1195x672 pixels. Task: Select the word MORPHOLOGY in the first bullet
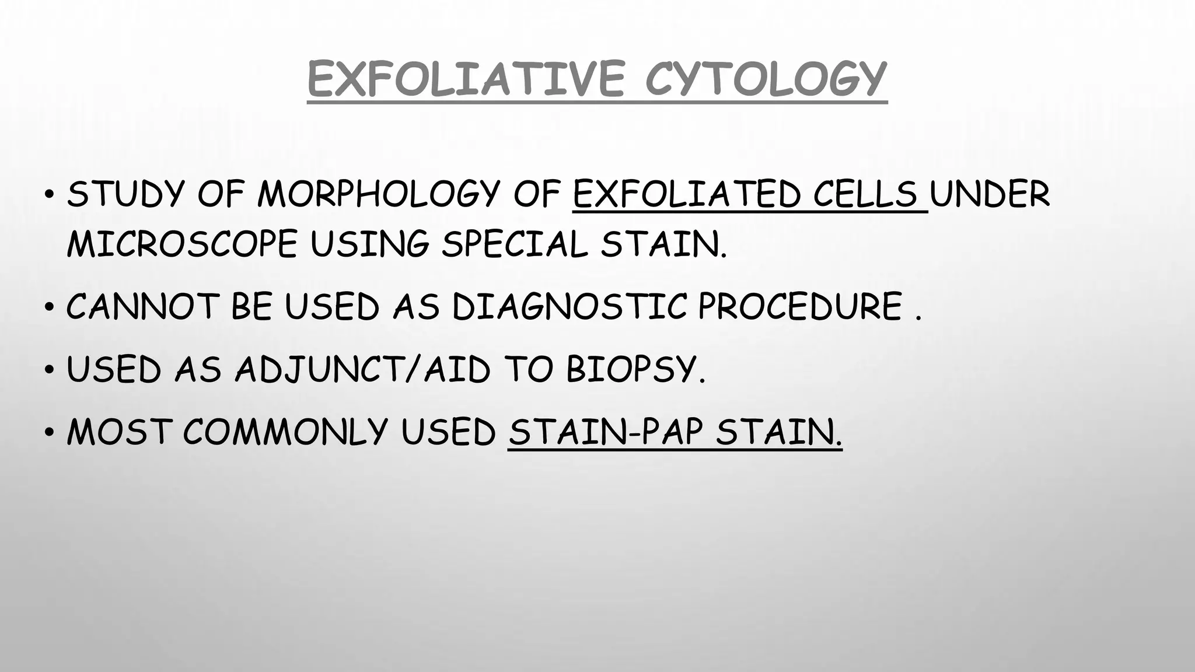[x=379, y=194]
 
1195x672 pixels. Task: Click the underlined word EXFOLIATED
[x=686, y=194]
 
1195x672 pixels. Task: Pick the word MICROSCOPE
[x=182, y=244]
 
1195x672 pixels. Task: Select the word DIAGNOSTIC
[x=569, y=306]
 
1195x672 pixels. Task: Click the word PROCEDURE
[x=800, y=306]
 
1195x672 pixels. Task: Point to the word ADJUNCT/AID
[x=362, y=369]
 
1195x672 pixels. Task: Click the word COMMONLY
[x=285, y=432]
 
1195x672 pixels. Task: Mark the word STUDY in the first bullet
[x=125, y=194]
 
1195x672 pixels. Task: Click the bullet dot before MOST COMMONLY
[x=50, y=432]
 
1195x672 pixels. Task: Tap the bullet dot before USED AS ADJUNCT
[x=50, y=370]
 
